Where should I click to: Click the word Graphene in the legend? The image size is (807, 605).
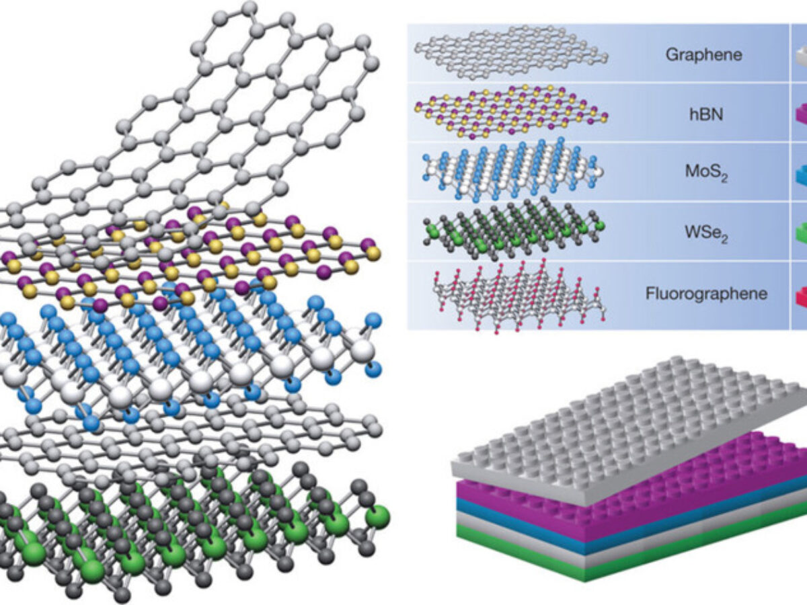704,54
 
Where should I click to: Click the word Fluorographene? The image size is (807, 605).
705,293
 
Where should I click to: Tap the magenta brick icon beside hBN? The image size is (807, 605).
800,114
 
